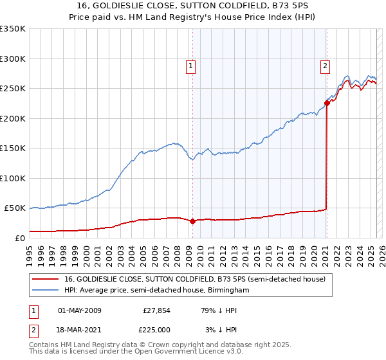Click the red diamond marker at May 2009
[192, 221]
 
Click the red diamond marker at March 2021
[327, 103]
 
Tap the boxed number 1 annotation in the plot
[191, 65]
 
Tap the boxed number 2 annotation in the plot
[326, 65]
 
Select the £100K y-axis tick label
[13, 178]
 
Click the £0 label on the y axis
[19, 238]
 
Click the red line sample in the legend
[46, 280]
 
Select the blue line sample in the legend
[46, 291]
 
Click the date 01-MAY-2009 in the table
[80, 310]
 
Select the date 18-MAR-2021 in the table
[80, 329]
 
